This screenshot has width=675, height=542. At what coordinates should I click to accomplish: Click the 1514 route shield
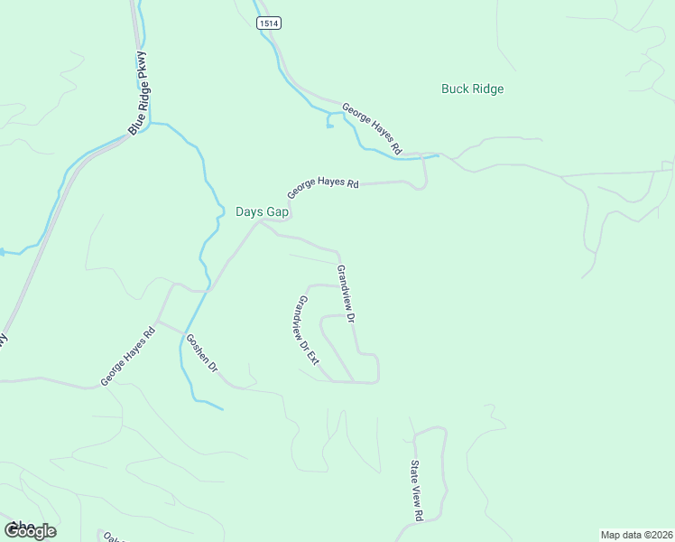tap(266, 23)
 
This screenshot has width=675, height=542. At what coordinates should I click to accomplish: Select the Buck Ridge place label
tap(472, 89)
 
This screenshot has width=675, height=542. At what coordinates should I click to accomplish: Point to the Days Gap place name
tap(262, 211)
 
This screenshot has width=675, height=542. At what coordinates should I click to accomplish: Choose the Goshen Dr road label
tap(201, 354)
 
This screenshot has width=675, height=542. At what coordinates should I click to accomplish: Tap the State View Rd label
tap(416, 491)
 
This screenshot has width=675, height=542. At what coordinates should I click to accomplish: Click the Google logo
tap(30, 530)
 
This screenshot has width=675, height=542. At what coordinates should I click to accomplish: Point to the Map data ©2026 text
tap(637, 535)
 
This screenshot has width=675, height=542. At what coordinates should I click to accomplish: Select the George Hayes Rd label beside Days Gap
tap(323, 188)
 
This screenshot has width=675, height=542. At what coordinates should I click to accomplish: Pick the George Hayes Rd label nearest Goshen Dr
tap(128, 356)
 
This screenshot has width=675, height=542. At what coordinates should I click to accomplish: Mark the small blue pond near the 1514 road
tap(330, 126)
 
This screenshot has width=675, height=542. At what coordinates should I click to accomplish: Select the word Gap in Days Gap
tap(276, 211)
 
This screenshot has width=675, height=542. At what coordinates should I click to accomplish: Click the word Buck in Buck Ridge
tap(454, 89)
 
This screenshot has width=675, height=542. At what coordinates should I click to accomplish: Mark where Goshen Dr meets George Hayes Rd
tap(160, 322)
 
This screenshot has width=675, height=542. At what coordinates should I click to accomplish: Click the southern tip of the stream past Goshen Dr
tap(222, 409)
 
